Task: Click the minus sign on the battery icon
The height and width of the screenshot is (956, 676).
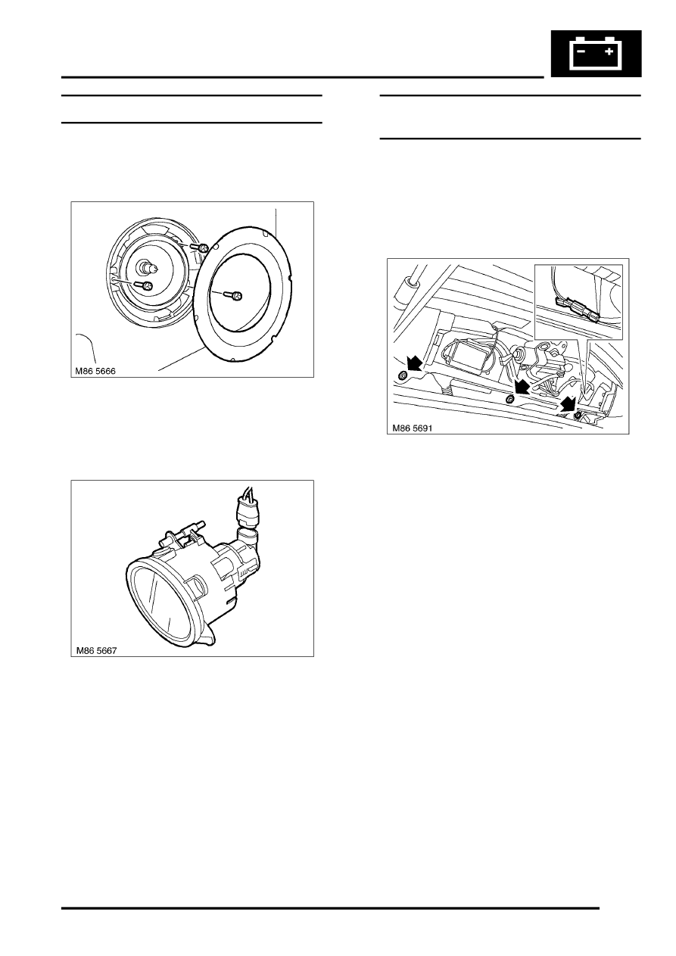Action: [x=581, y=51]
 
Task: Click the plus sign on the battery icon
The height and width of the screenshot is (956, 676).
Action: [x=609, y=51]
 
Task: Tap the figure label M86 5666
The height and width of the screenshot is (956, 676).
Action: [x=95, y=371]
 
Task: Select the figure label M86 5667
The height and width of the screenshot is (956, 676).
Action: [x=96, y=650]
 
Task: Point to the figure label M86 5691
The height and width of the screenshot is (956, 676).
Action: [x=413, y=428]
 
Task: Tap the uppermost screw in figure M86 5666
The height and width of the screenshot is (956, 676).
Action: [x=200, y=247]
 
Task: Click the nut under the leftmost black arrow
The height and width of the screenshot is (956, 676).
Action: [x=402, y=375]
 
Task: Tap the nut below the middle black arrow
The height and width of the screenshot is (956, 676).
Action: [x=509, y=399]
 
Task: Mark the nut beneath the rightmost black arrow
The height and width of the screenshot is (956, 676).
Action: [x=578, y=416]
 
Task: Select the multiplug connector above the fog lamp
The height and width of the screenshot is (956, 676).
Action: [x=245, y=510]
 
